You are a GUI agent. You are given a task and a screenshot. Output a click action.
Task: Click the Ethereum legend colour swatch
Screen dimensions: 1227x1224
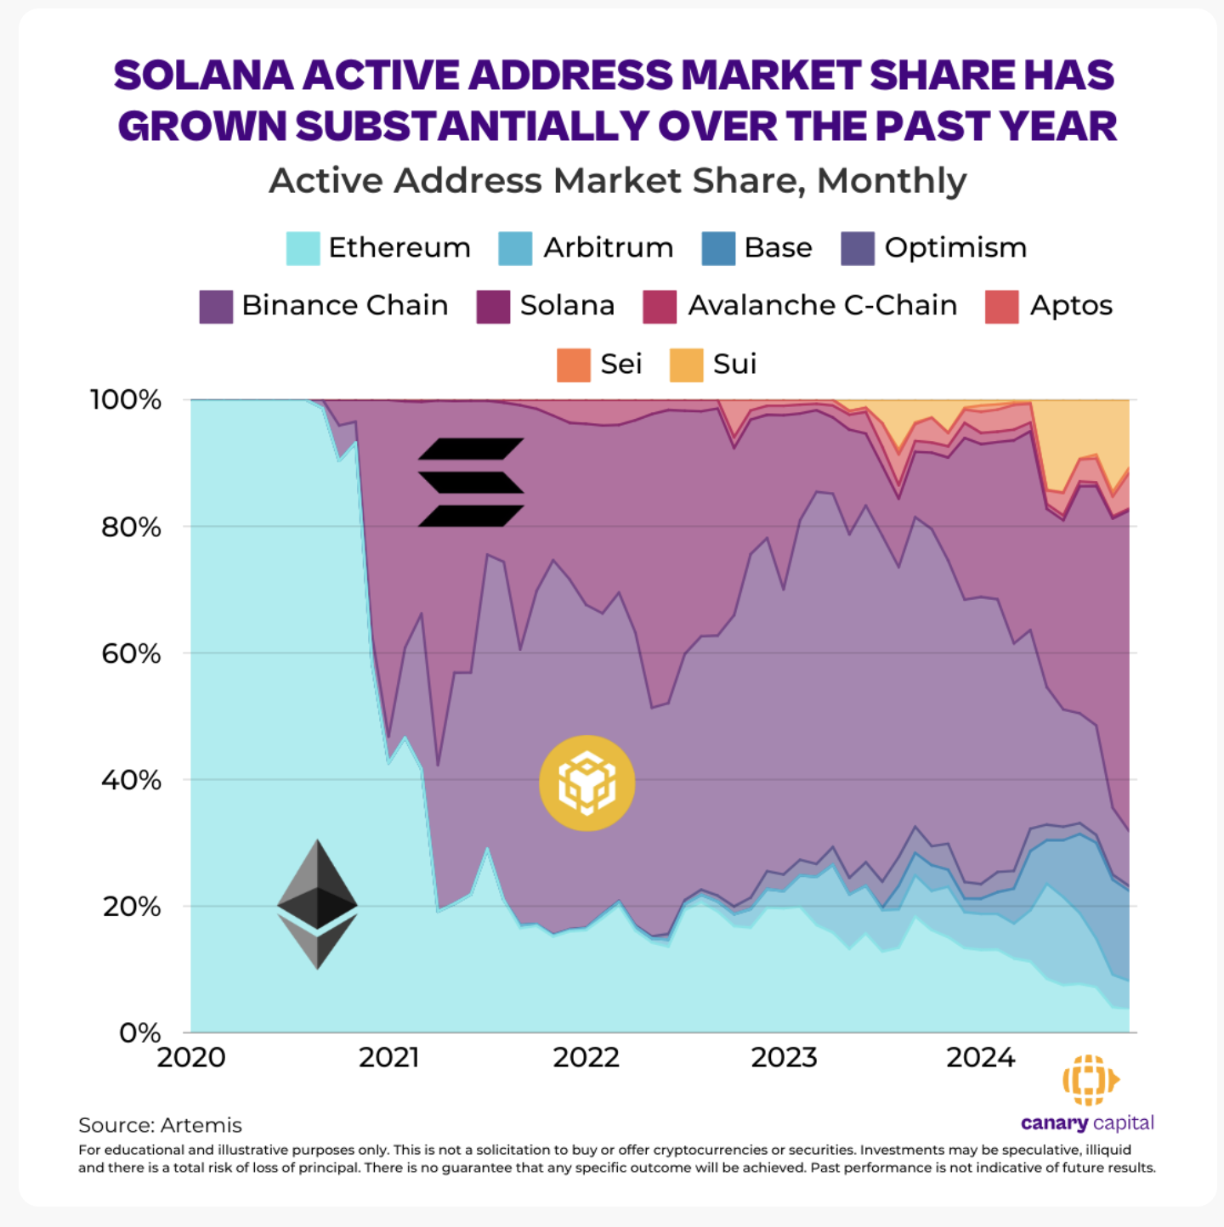(x=303, y=248)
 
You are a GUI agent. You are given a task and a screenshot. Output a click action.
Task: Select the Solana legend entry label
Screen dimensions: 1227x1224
(x=567, y=306)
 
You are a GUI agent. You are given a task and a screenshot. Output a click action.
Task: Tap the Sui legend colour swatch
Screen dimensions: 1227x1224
(x=686, y=365)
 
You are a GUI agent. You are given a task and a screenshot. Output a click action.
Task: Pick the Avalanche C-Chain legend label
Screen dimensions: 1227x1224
(x=822, y=306)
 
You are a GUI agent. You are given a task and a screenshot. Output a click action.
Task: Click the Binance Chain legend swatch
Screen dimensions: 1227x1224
(x=216, y=307)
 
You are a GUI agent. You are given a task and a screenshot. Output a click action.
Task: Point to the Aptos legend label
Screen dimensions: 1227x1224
(x=1071, y=306)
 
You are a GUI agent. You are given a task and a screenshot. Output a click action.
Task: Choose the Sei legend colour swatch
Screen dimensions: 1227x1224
(x=574, y=365)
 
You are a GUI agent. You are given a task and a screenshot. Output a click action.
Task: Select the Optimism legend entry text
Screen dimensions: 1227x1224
(x=955, y=248)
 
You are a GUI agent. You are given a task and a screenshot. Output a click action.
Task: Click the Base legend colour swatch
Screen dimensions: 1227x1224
(x=718, y=248)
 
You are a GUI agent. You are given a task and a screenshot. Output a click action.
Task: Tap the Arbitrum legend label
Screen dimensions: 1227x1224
(x=608, y=248)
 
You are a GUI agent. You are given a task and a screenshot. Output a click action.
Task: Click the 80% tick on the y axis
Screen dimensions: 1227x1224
(x=131, y=528)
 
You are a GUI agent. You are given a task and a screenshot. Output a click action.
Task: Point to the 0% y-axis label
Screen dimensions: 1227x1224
(x=139, y=1033)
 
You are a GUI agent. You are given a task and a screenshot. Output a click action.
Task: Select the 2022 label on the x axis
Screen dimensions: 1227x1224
(x=586, y=1058)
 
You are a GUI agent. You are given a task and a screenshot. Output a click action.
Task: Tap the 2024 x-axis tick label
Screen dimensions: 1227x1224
(x=980, y=1058)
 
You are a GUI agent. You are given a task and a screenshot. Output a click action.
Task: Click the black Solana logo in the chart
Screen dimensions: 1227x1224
(x=471, y=482)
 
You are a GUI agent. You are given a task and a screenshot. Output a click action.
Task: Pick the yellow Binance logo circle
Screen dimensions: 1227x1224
(x=586, y=783)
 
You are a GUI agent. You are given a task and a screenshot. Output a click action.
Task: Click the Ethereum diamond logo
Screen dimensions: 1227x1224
(x=317, y=904)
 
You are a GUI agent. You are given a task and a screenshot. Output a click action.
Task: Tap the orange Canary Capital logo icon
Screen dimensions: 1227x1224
(x=1090, y=1080)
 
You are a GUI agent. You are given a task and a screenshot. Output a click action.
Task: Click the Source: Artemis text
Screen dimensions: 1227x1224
(x=160, y=1125)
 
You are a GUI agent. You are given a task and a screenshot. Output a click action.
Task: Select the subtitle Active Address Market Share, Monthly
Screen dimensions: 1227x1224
(x=617, y=181)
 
